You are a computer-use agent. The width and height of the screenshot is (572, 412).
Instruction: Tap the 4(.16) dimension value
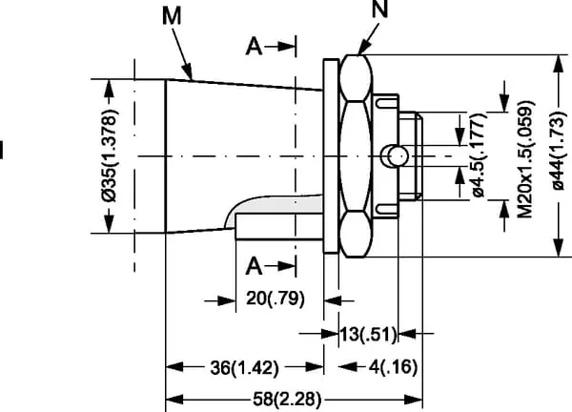click(382, 367)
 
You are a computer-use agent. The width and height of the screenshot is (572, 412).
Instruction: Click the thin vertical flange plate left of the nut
click(330, 156)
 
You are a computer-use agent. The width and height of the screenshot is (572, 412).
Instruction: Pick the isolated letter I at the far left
click(3, 151)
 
